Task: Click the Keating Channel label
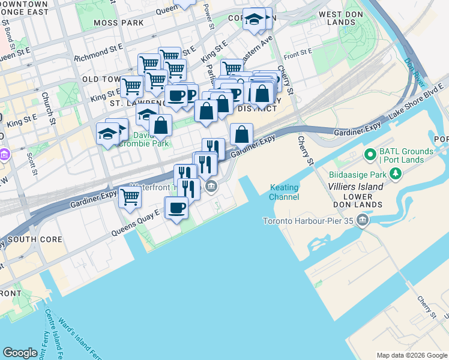[284, 192]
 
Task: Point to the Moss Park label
[118, 23]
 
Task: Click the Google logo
[20, 353]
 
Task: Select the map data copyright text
[412, 355]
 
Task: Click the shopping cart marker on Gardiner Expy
[130, 196]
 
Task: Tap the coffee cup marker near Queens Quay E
[176, 208]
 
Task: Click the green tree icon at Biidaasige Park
[395, 175]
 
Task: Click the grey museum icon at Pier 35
[362, 221]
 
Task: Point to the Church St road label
[49, 109]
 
